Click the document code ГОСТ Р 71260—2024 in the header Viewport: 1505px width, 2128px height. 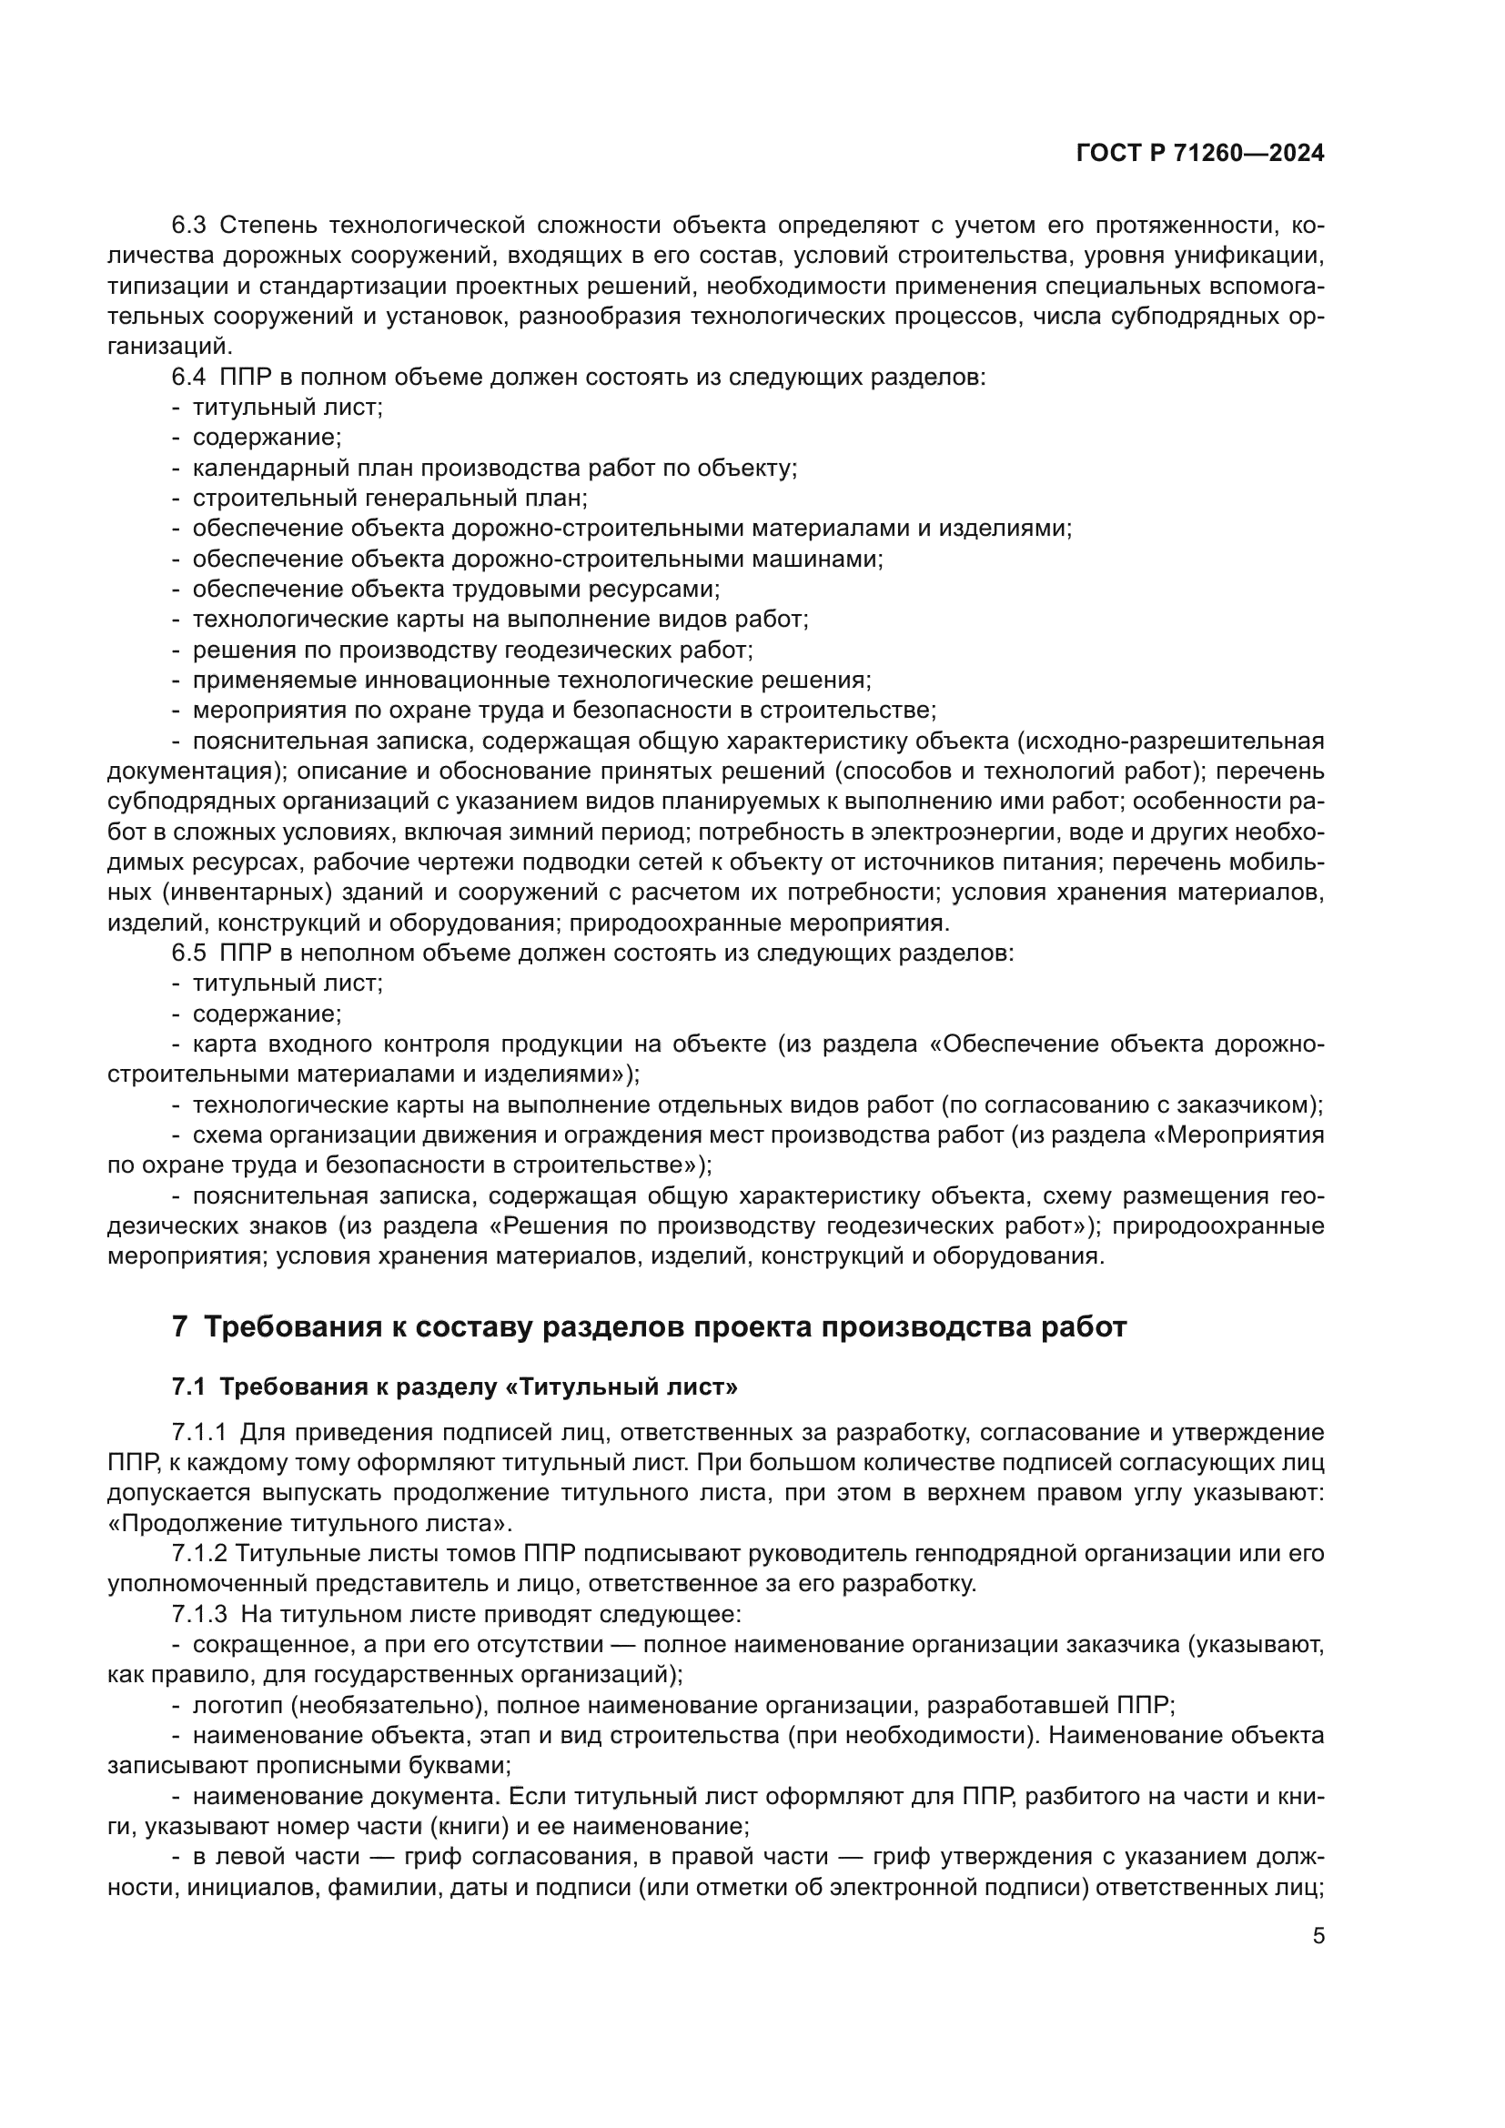point(1199,154)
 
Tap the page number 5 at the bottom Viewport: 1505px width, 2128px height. point(1318,1936)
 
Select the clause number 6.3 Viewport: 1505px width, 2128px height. point(189,226)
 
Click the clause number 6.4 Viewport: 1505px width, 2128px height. point(189,378)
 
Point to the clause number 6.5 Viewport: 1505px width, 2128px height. point(189,953)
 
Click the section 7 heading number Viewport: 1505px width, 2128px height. point(180,1327)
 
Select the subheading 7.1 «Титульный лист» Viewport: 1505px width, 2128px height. point(454,1387)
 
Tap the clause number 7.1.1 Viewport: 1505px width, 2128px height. point(198,1433)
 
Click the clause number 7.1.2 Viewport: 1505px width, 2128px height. point(198,1554)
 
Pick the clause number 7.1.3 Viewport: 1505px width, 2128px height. point(198,1615)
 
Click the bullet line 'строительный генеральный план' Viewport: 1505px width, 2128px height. point(389,499)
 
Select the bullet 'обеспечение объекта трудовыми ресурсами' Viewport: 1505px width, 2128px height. point(456,590)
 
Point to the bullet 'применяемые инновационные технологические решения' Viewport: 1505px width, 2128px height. point(532,681)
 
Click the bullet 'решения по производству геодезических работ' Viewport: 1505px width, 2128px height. point(472,650)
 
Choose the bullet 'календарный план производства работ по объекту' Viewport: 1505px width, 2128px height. point(495,468)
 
